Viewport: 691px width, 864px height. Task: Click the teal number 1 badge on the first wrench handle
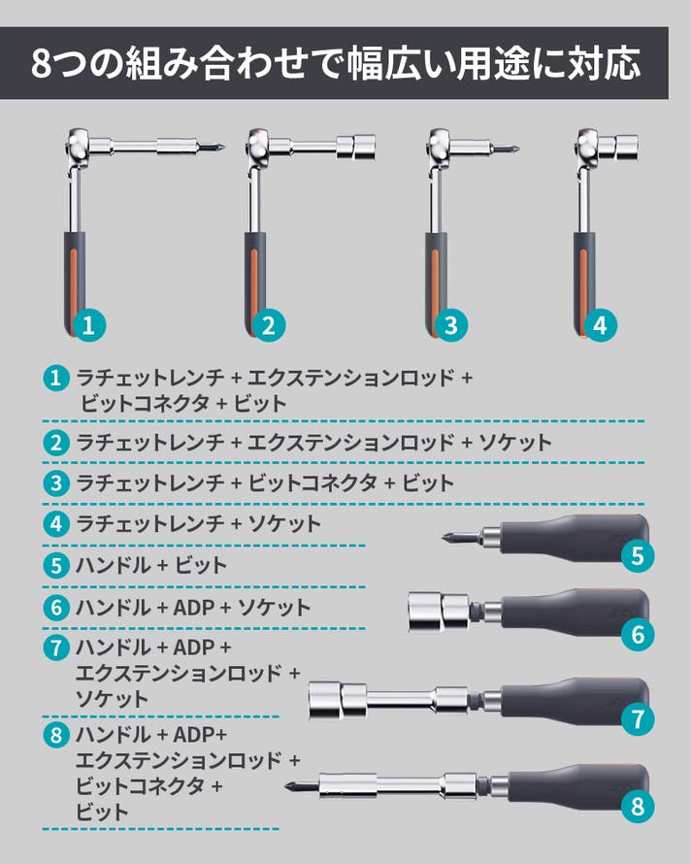coord(88,324)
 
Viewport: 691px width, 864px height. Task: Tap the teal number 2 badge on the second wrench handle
coord(269,324)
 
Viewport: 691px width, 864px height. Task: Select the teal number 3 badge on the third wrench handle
coord(450,324)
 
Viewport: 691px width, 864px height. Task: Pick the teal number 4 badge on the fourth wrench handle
coord(600,324)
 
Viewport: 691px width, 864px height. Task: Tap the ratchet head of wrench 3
coord(443,148)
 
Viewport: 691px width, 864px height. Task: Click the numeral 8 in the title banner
coord(41,64)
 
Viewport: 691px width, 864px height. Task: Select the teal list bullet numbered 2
coord(56,443)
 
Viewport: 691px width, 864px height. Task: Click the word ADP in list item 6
coord(193,607)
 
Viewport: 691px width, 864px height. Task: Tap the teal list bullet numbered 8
coord(56,735)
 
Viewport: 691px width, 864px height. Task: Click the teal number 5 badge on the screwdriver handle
coord(637,555)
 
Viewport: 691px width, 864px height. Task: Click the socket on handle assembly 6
coord(439,612)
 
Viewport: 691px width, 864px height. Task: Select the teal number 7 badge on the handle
coord(638,718)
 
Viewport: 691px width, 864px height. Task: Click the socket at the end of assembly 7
coord(337,700)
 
